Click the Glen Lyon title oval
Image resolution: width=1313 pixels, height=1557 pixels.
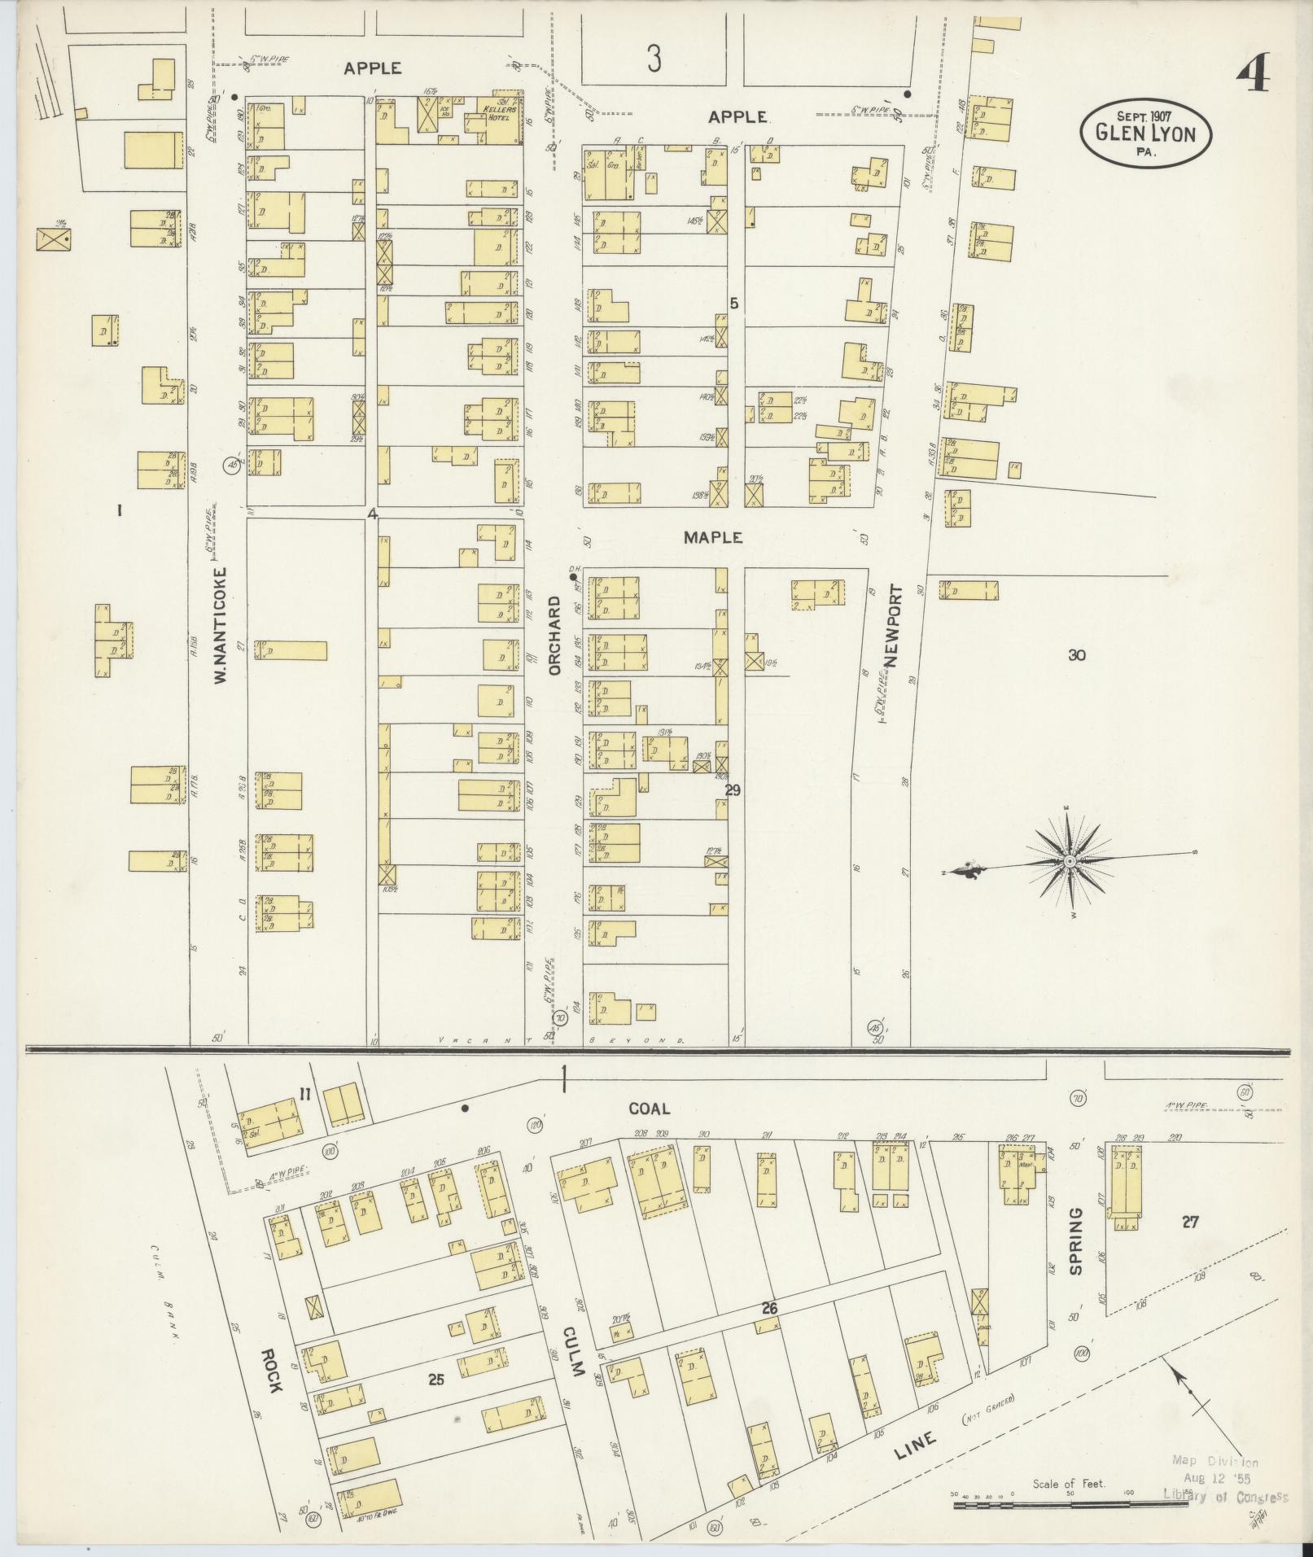point(1145,133)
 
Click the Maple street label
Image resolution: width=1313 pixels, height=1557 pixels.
point(712,537)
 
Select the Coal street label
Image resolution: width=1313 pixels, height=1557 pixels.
point(649,1109)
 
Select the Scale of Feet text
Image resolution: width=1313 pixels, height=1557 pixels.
point(1069,1483)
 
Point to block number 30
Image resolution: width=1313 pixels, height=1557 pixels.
point(1077,655)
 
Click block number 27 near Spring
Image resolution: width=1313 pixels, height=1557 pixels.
point(1190,1221)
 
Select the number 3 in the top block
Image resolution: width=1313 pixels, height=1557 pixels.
point(654,59)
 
